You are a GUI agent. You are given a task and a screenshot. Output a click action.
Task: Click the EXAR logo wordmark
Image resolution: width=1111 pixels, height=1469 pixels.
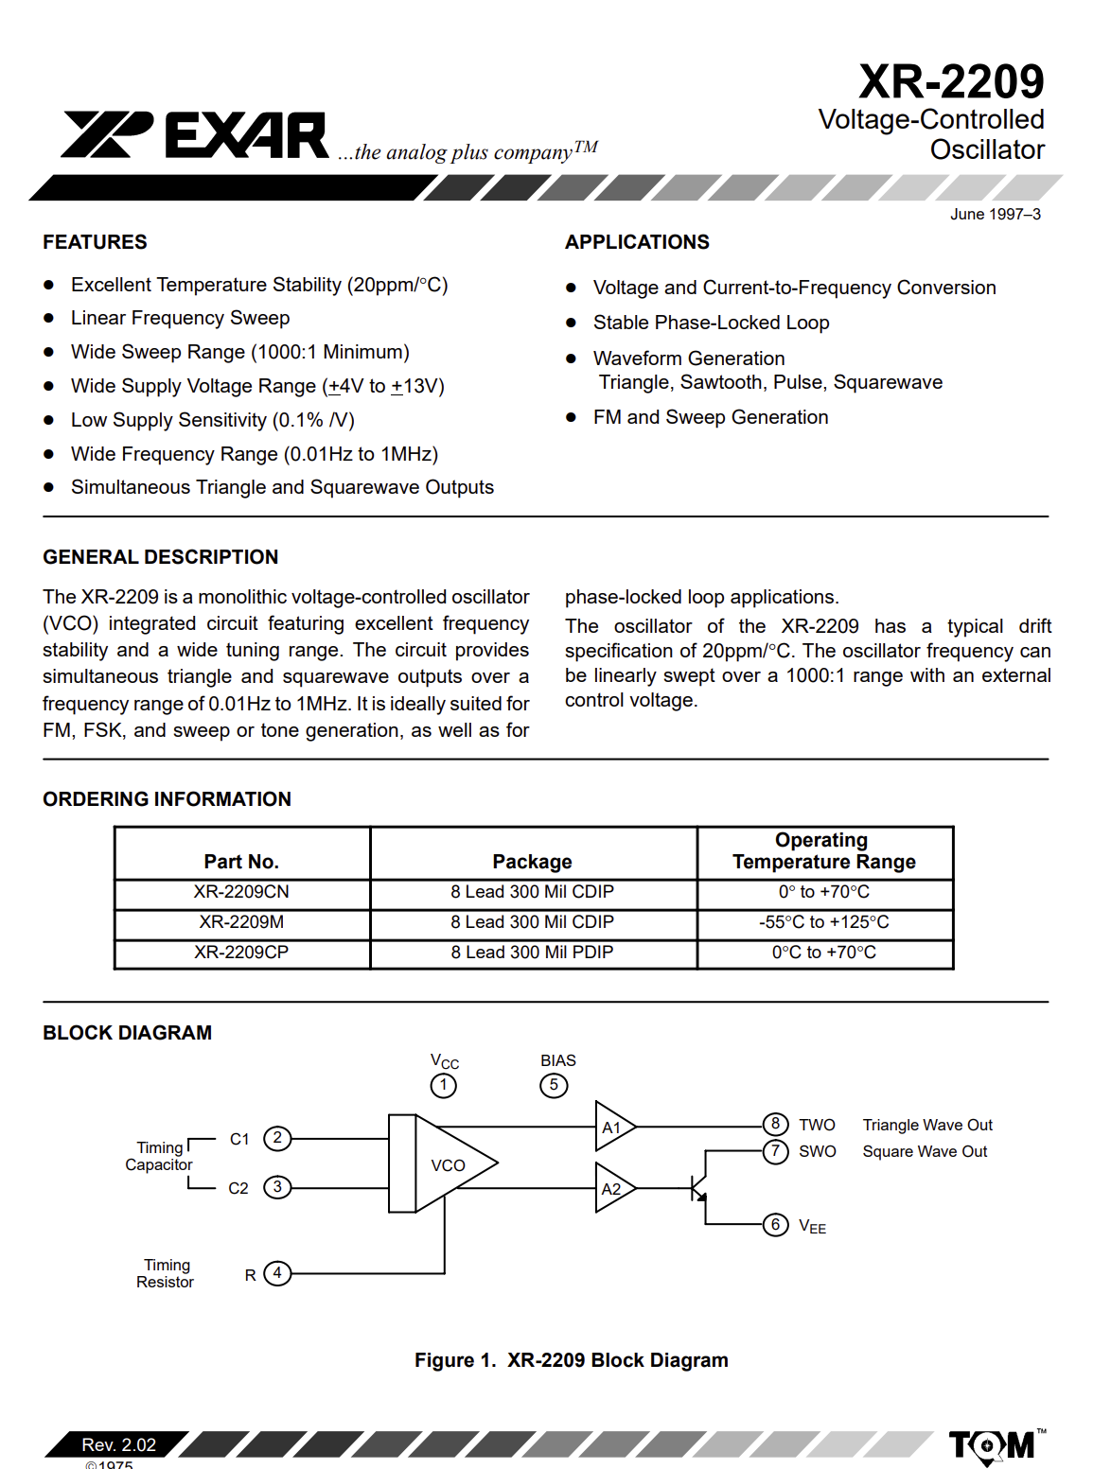tap(246, 135)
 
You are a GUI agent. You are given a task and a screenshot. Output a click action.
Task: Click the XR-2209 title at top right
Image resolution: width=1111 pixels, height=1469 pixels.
tap(951, 81)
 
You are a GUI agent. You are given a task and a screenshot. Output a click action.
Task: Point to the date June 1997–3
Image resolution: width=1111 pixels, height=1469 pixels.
tap(995, 215)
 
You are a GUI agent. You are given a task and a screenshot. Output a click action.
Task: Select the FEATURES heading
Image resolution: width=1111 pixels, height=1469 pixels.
tap(95, 242)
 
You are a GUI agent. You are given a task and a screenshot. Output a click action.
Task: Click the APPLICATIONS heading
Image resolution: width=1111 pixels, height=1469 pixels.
tap(637, 242)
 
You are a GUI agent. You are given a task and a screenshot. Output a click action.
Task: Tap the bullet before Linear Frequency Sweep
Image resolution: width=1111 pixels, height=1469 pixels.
tap(49, 319)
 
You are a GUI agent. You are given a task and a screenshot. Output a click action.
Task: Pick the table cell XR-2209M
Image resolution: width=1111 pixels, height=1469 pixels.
tap(241, 922)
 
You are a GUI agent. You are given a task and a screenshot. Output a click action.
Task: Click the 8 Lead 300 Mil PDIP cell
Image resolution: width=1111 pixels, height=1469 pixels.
tap(532, 953)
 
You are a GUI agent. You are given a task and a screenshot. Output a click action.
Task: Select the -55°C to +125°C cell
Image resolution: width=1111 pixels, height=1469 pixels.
tap(823, 922)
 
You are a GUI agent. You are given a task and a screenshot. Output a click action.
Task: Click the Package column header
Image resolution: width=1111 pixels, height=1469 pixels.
tap(532, 862)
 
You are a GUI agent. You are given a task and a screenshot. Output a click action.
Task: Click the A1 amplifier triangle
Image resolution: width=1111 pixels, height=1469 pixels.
tap(613, 1127)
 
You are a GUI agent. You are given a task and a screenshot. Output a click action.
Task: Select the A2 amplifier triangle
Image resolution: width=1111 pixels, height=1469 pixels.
tap(613, 1189)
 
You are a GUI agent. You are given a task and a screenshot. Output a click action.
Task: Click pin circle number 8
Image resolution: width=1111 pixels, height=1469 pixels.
tap(775, 1124)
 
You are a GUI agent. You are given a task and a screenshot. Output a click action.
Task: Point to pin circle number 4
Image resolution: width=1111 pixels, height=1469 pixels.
tap(277, 1273)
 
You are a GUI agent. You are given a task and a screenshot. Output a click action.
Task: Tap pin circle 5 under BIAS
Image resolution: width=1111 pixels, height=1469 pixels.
tap(554, 1085)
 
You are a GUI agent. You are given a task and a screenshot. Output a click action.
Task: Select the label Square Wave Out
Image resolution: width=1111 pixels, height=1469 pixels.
tap(925, 1152)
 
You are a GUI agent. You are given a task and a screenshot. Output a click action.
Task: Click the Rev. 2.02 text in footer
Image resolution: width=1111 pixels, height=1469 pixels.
tap(119, 1444)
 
